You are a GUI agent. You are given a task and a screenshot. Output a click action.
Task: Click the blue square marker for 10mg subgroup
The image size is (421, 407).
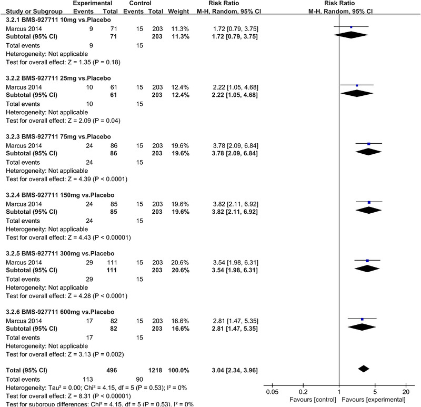tap(351, 26)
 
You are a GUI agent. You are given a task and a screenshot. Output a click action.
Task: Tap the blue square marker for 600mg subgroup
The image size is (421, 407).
tap(363, 319)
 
